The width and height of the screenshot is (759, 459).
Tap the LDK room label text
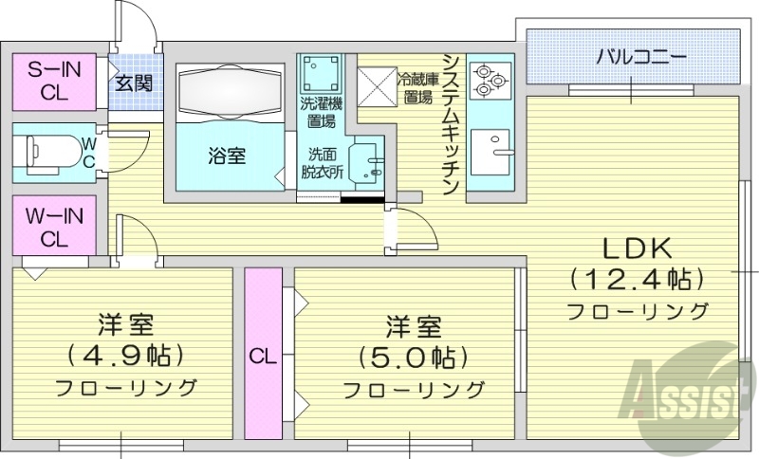(638, 249)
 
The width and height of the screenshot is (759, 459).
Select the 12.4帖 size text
(638, 280)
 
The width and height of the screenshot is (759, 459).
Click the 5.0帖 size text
(413, 358)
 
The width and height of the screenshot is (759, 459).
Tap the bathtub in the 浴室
(231, 97)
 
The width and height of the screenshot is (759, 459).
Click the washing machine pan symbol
(320, 72)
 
